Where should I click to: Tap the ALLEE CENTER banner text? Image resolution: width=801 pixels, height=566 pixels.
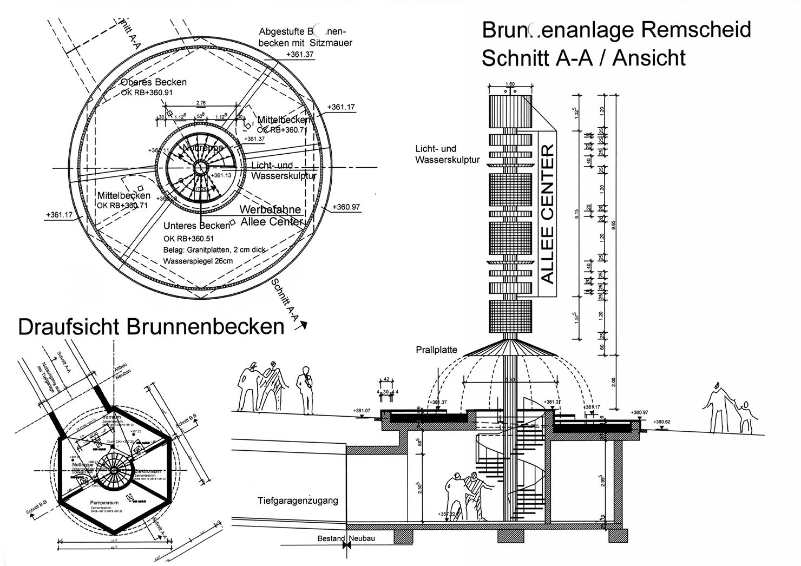click(x=548, y=214)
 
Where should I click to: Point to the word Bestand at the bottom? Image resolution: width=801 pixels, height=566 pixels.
click(x=331, y=538)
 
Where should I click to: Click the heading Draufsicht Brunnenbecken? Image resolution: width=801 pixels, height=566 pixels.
click(x=151, y=327)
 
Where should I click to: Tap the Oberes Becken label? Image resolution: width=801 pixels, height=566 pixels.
click(x=154, y=82)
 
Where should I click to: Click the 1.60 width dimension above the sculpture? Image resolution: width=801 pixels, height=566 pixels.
click(x=510, y=84)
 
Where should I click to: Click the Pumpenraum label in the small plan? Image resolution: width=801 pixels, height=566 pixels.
click(x=105, y=503)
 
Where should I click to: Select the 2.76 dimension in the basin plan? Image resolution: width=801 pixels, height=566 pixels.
click(x=200, y=102)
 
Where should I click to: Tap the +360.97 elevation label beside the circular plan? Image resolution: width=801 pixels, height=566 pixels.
click(x=346, y=207)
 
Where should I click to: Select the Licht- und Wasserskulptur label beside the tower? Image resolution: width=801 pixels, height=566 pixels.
click(x=447, y=154)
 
